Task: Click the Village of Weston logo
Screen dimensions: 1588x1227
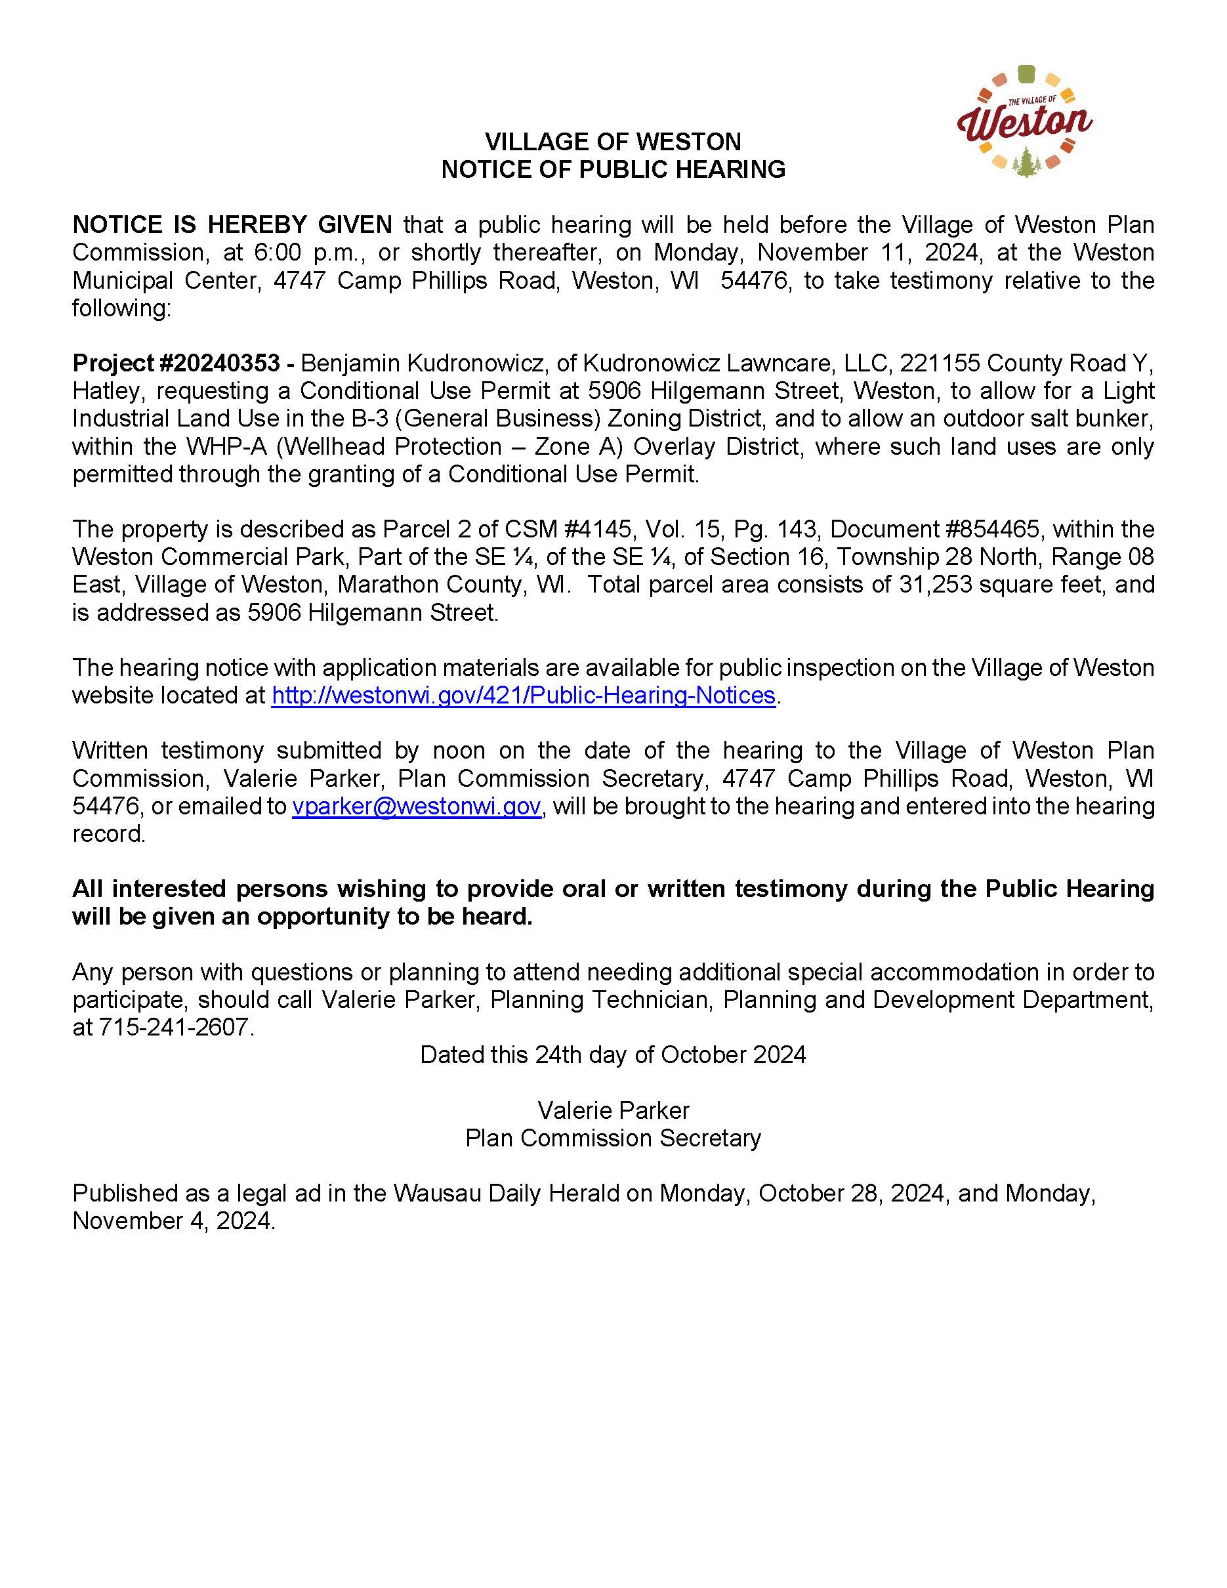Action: tap(1025, 121)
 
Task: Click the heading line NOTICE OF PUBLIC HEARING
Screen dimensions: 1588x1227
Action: tap(613, 169)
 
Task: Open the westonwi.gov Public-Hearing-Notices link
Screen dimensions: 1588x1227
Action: tap(524, 695)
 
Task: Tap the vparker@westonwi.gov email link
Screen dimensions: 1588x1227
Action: tap(417, 806)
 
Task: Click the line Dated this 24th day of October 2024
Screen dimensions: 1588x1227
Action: tap(613, 1055)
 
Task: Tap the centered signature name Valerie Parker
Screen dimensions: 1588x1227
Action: tap(613, 1110)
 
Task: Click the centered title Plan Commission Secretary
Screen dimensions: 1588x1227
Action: tap(613, 1138)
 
